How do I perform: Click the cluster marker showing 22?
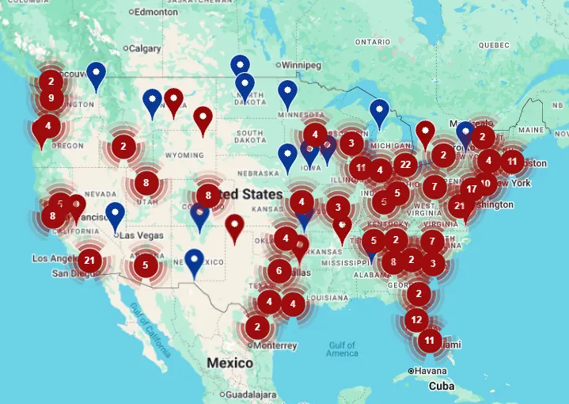(x=406, y=164)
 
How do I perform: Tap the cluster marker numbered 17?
(x=472, y=189)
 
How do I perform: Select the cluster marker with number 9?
(x=51, y=98)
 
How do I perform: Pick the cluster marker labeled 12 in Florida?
(x=416, y=320)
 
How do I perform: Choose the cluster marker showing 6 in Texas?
(x=279, y=271)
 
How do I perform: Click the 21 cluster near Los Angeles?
(x=89, y=260)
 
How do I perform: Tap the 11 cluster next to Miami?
(x=430, y=341)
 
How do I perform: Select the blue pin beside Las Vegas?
(x=116, y=214)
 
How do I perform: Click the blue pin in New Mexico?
(x=195, y=261)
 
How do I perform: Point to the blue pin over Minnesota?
(x=287, y=92)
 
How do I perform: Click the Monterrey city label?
(x=275, y=345)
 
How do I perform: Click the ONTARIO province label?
(x=373, y=41)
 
